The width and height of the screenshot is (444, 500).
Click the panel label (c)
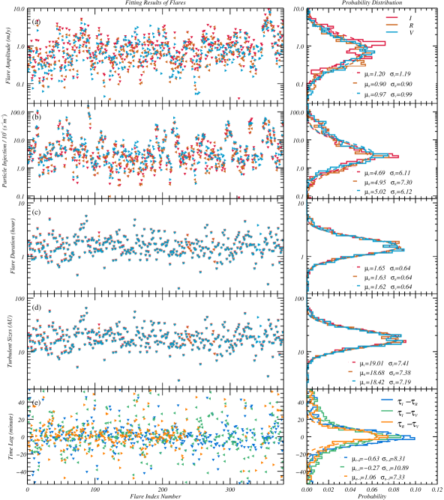pos(36,213)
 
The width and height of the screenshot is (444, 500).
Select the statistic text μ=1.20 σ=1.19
pos(380,75)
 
